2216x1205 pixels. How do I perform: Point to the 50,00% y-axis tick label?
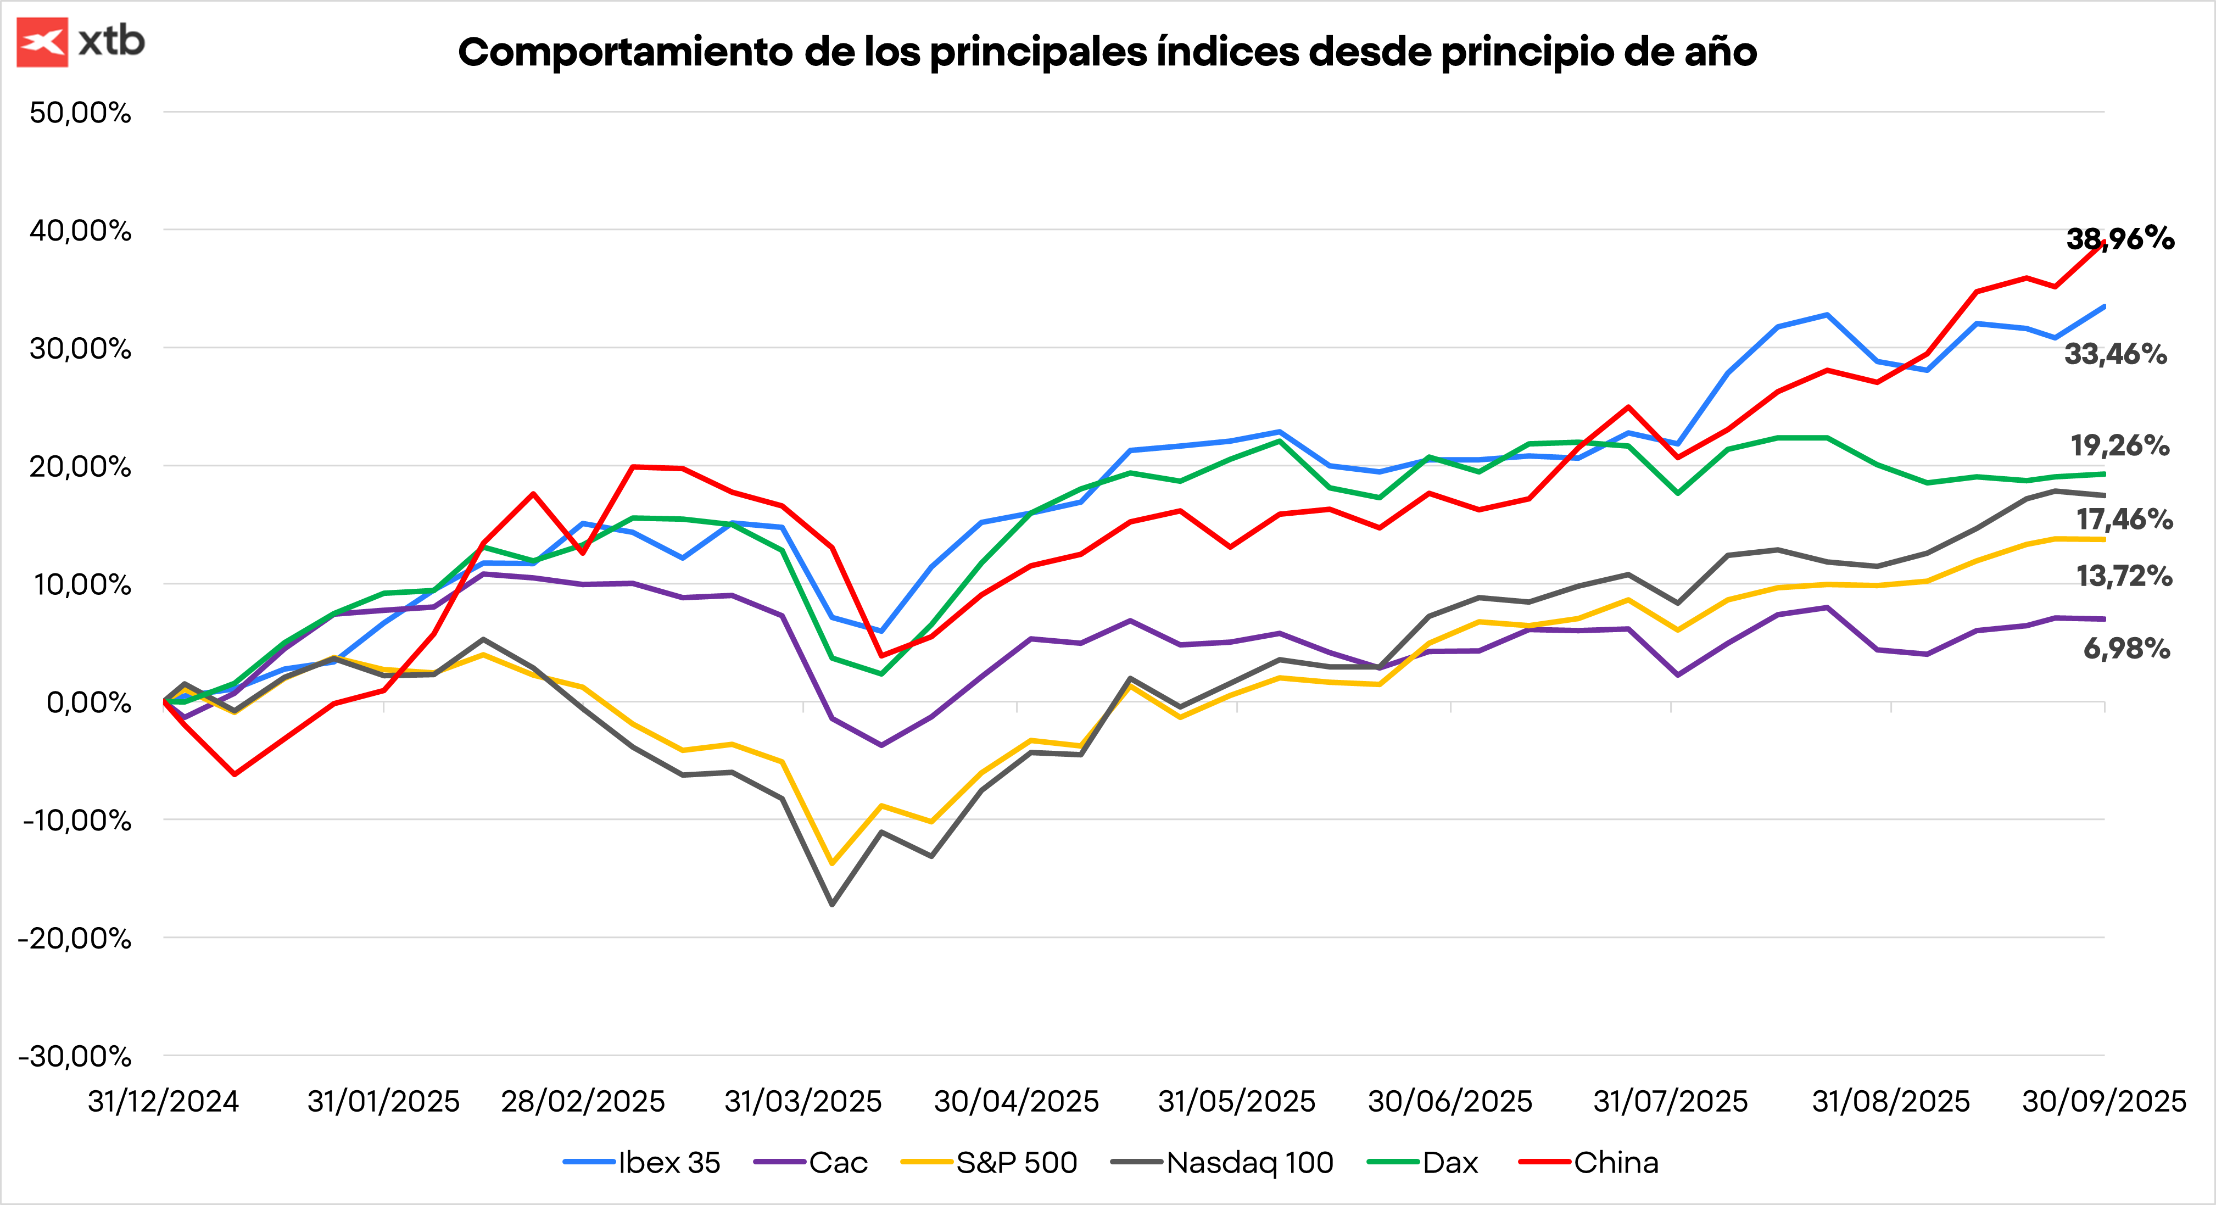80,113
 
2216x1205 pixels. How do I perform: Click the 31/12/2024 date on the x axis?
164,1102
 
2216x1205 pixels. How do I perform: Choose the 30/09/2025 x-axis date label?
2103,1102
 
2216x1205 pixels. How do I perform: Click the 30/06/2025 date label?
1450,1102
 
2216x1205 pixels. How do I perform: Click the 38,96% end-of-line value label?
2120,238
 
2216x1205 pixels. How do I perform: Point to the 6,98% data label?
2126,649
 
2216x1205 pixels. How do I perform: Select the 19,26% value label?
2120,445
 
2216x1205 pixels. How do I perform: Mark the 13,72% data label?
2124,576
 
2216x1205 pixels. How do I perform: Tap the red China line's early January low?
235,774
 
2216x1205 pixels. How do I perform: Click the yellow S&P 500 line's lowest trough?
832,863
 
